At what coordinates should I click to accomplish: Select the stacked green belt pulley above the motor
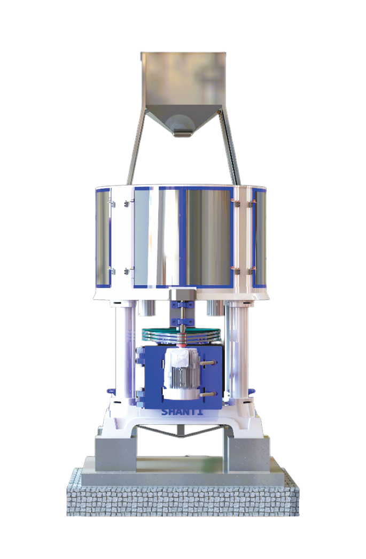coord(182,335)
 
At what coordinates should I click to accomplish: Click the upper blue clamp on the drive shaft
coord(182,304)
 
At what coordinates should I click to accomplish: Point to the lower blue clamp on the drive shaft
coord(182,321)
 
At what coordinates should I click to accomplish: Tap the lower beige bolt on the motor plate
coord(210,394)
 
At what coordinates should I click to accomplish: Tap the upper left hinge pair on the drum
coord(121,203)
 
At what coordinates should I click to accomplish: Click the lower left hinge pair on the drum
coord(121,271)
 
